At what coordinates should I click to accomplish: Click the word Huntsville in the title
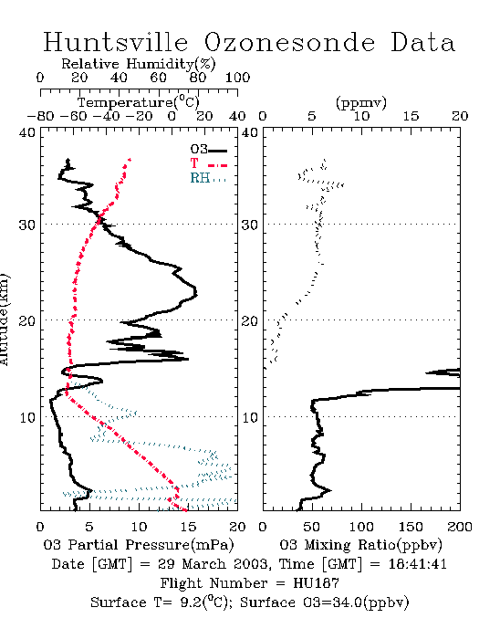[116, 42]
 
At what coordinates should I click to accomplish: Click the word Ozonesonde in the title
[288, 42]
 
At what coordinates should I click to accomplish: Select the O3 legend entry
[208, 150]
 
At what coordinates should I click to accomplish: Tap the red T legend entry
[208, 163]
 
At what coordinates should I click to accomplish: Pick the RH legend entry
[208, 178]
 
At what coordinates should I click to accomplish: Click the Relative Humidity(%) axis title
[139, 64]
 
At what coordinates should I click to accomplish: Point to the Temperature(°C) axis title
[139, 102]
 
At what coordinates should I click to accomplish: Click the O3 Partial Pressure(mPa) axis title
[139, 545]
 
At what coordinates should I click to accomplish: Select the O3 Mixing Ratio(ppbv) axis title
[360, 545]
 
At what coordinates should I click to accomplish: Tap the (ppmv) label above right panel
[361, 103]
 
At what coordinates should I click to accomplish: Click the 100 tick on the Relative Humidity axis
[237, 77]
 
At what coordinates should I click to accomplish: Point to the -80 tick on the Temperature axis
[40, 116]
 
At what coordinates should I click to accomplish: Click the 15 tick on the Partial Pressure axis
[188, 527]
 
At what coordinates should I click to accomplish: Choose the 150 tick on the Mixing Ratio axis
[411, 527]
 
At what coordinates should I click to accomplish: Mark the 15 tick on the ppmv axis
[411, 116]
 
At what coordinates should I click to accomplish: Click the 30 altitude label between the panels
[250, 225]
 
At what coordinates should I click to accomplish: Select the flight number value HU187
[316, 583]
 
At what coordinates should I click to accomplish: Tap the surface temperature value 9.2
[190, 602]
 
